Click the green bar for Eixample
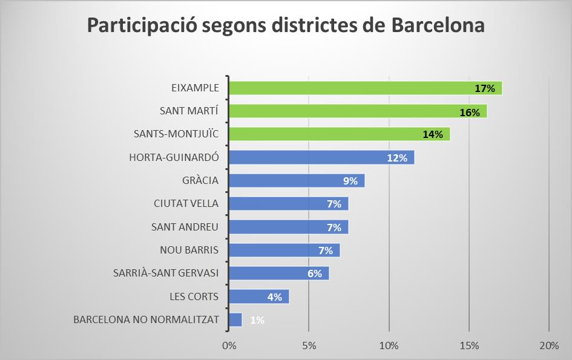(351, 88)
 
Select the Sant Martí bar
(345, 111)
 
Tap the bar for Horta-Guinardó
(309, 158)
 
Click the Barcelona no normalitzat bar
(235, 319)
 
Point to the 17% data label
(485, 88)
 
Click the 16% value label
(470, 112)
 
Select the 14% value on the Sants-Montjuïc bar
(433, 134)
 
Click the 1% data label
(257, 320)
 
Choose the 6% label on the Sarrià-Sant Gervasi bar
(314, 273)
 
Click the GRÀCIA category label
(200, 181)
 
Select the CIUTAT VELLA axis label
(186, 204)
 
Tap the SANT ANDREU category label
(185, 227)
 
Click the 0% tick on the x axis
(229, 346)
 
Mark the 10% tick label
(389, 346)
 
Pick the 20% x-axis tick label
(548, 346)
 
